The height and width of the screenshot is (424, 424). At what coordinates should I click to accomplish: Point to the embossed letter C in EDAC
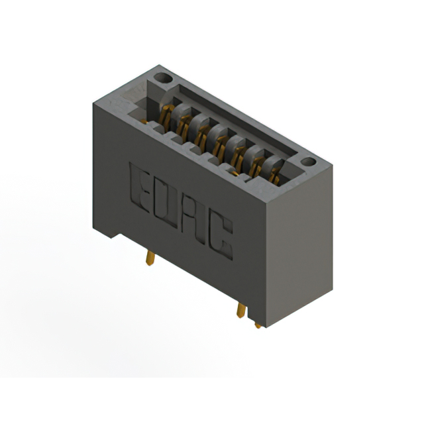[x=221, y=236]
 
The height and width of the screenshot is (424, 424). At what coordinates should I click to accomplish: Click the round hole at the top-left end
[x=163, y=78]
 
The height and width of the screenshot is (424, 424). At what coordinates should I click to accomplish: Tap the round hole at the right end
[x=308, y=162]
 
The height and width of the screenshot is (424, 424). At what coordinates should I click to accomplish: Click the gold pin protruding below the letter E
[x=150, y=258]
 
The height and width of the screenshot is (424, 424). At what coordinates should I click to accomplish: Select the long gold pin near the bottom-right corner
[x=241, y=310]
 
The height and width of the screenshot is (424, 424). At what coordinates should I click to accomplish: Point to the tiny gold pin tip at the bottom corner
[x=258, y=325]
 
